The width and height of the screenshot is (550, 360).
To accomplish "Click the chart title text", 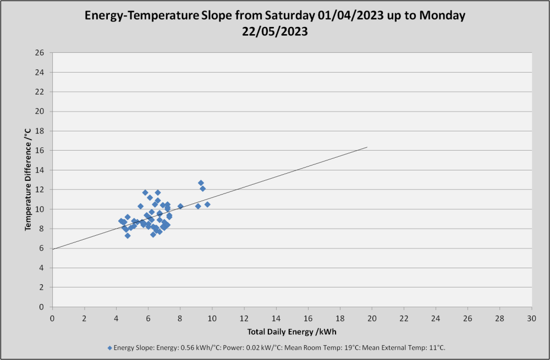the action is click(x=275, y=23).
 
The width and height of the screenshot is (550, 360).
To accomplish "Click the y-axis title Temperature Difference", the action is click(x=28, y=180).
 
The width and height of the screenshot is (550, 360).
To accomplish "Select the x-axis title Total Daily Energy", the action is click(x=292, y=331).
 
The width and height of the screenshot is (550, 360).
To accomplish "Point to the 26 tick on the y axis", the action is click(x=40, y=53).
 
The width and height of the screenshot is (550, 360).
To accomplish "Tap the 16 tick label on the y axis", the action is click(x=40, y=151).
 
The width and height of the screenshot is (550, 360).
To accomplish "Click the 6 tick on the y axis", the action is click(x=42, y=248).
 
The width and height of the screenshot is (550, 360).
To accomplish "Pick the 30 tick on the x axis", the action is click(x=532, y=318).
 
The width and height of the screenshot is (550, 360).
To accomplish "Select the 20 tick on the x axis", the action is click(x=372, y=318).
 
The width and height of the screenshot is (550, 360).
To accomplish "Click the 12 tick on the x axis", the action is click(x=244, y=318).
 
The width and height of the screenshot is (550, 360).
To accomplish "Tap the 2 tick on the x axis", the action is click(x=84, y=318).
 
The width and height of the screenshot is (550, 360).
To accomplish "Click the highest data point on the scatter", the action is click(x=201, y=183).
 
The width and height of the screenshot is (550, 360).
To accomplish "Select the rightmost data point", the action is click(x=207, y=204).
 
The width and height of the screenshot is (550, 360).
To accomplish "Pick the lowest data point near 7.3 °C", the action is click(x=128, y=236).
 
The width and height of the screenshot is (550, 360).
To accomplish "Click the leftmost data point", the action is click(x=121, y=221).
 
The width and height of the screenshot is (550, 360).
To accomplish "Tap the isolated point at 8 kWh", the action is click(x=180, y=206).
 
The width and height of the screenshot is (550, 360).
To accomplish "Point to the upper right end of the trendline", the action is click(x=367, y=147).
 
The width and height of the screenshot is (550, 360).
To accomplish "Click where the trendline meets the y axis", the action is click(x=52, y=249).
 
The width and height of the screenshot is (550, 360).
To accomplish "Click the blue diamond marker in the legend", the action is click(x=110, y=348).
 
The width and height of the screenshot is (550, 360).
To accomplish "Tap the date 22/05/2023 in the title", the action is click(x=275, y=31).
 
